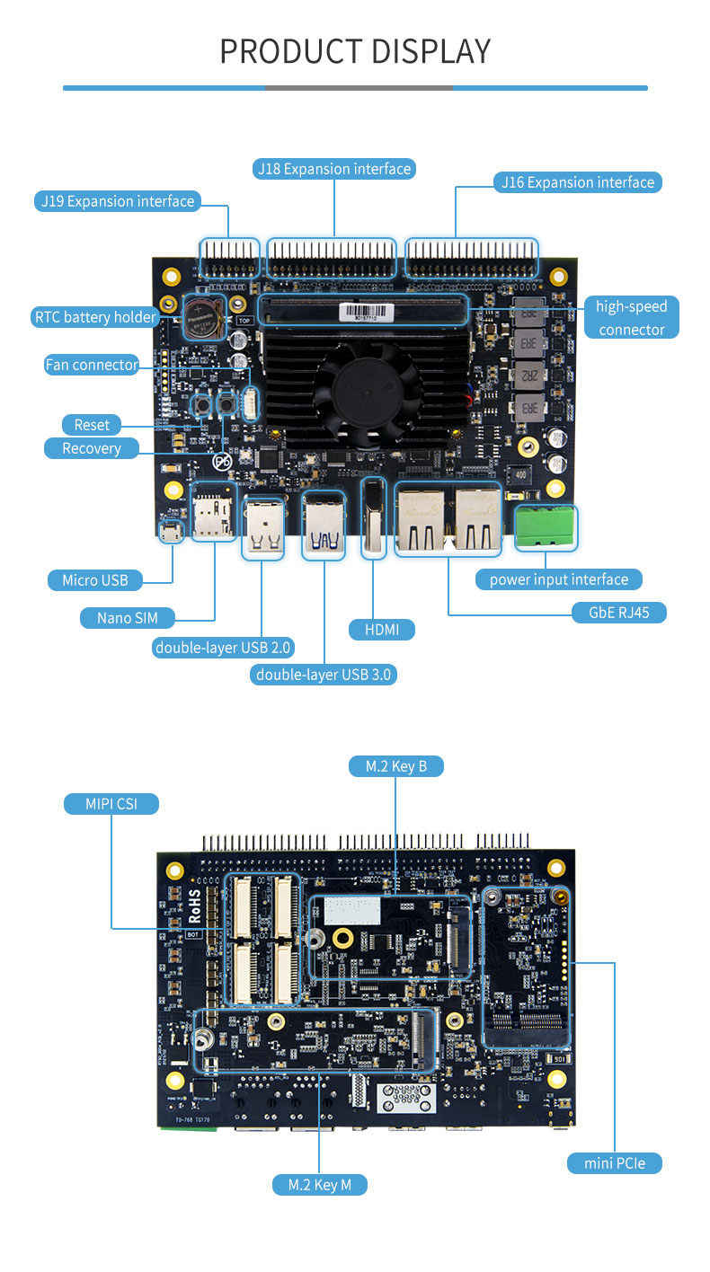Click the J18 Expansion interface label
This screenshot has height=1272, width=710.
(333, 169)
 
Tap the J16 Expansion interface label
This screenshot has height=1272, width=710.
(578, 182)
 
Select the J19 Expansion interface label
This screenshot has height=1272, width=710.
(118, 201)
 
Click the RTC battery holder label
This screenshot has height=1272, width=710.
(95, 317)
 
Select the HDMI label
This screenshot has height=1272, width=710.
(382, 630)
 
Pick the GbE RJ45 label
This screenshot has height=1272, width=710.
(619, 613)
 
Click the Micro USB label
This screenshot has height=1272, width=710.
(95, 580)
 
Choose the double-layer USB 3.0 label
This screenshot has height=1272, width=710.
(324, 675)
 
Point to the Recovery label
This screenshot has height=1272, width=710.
(92, 448)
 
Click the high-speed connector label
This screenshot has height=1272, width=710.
(632, 318)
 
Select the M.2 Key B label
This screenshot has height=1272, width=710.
(395, 766)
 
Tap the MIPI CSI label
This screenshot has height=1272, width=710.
(111, 803)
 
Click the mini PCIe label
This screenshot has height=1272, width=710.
(615, 1163)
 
